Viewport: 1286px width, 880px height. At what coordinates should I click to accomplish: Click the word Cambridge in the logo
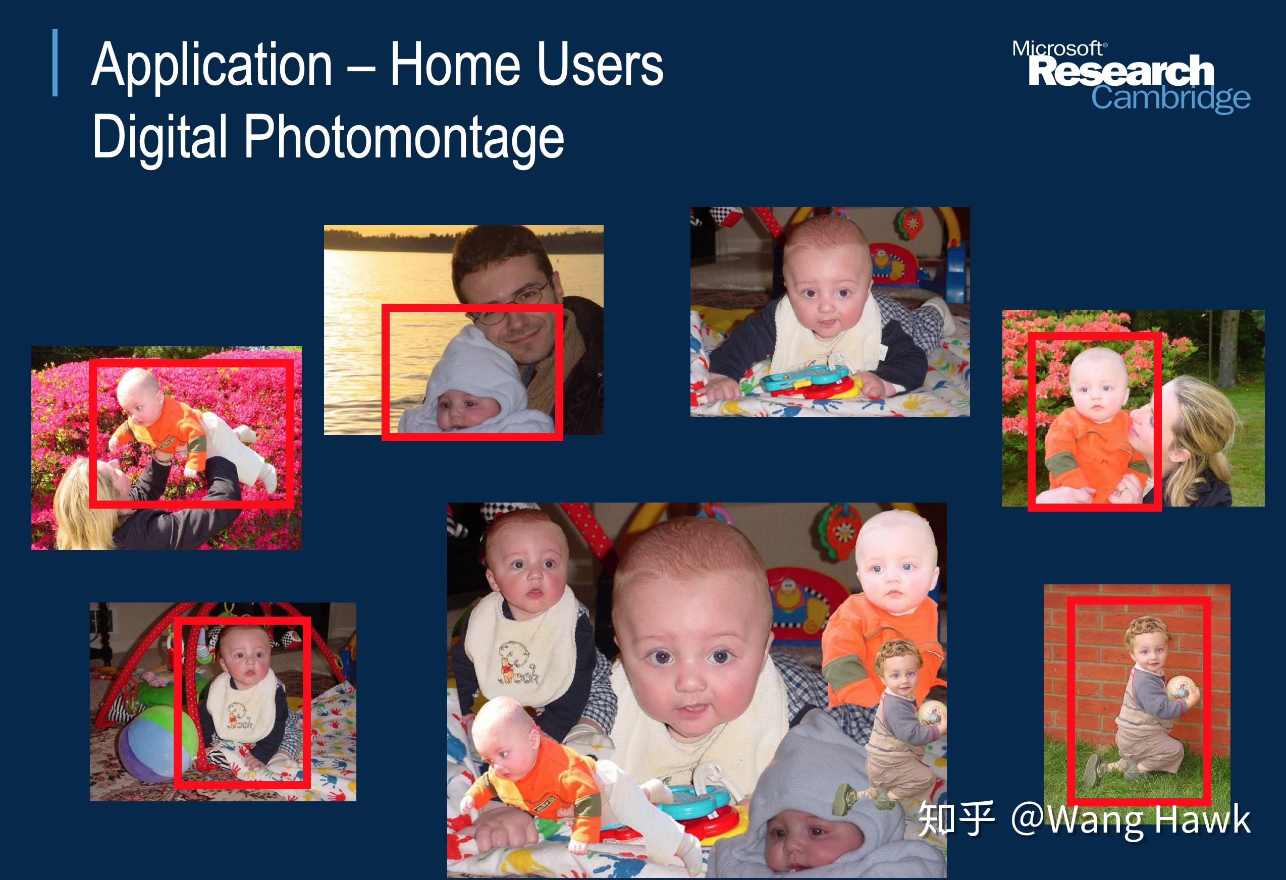pyautogui.click(x=1171, y=99)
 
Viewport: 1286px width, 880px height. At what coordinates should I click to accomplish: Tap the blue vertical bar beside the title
pyautogui.click(x=55, y=63)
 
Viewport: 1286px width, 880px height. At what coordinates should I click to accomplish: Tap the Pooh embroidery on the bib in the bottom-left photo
pyautogui.click(x=241, y=716)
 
